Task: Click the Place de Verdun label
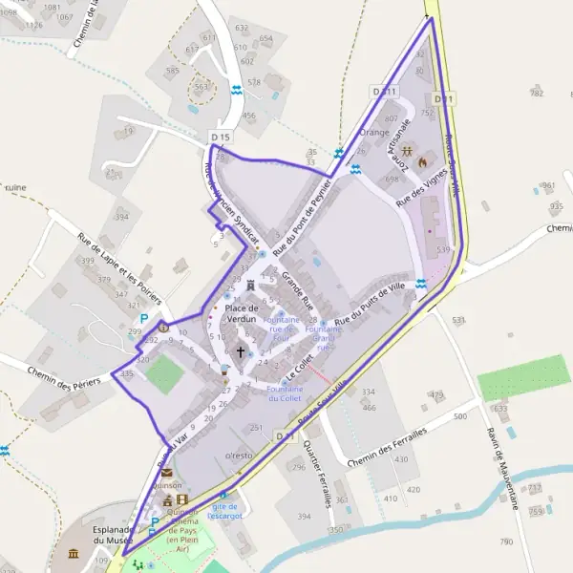(242, 312)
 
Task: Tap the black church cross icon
(240, 352)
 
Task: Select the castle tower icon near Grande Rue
(250, 284)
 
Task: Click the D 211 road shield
(384, 91)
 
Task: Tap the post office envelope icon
(167, 472)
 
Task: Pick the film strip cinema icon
(181, 499)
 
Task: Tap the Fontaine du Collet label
(285, 393)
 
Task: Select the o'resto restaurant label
(238, 456)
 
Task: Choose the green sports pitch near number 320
(162, 375)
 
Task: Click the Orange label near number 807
(375, 132)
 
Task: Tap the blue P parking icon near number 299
(144, 319)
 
